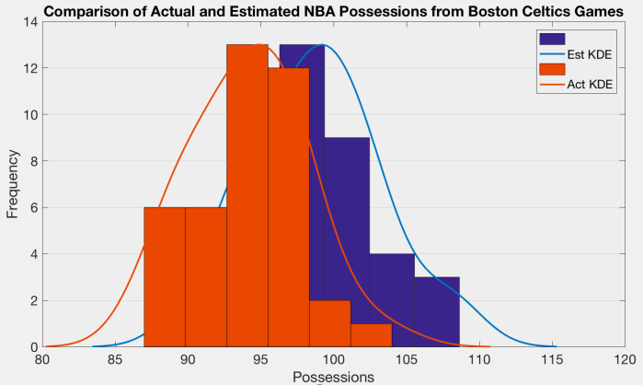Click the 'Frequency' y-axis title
click(x=13, y=184)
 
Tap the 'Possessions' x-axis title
click(x=332, y=377)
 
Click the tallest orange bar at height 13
click(x=247, y=195)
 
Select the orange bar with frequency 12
click(x=289, y=207)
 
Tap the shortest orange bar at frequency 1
click(x=371, y=335)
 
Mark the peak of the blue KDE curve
click(x=323, y=45)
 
